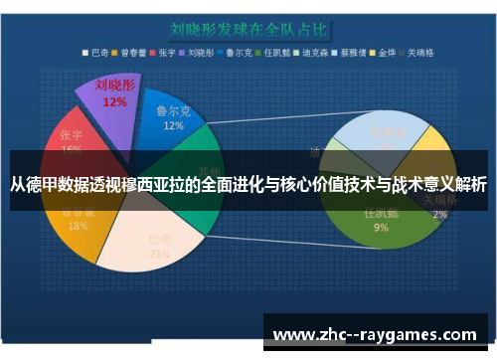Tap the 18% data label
pyautogui.click(x=78, y=226)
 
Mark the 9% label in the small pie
pyautogui.click(x=381, y=227)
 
